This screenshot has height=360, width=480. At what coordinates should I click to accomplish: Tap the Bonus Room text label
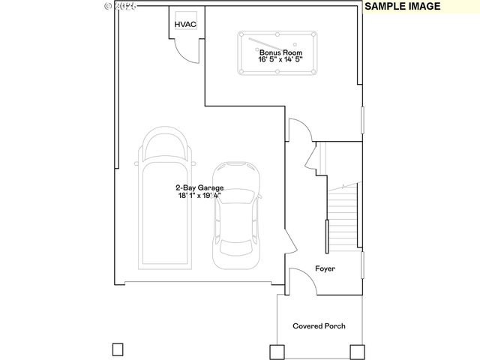(280, 53)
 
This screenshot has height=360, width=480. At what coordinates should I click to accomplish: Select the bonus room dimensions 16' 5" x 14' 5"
(280, 61)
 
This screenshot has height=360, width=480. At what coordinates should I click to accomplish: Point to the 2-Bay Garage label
(199, 187)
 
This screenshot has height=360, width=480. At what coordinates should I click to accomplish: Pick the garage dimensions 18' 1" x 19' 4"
(199, 196)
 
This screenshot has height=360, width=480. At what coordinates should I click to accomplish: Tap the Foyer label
(325, 268)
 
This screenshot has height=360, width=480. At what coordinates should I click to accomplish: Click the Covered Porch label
(319, 326)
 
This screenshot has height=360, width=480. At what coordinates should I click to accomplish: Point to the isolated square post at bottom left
(117, 349)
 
